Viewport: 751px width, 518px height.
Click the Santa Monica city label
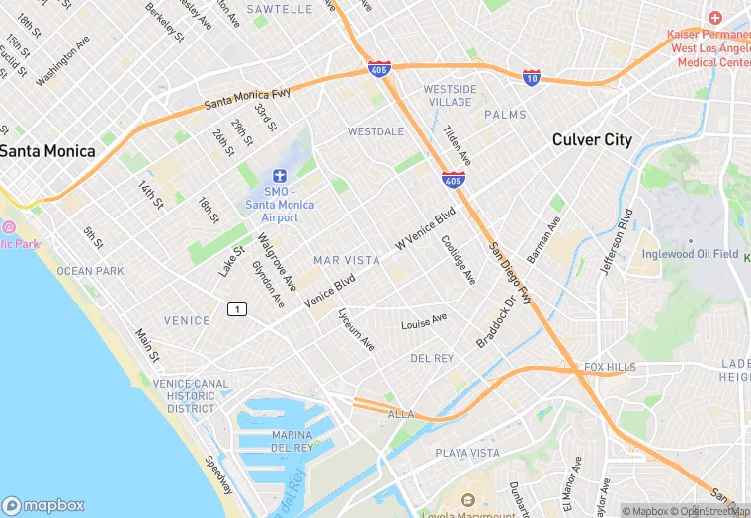pyautogui.click(x=47, y=151)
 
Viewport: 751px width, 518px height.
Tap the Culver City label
pyautogui.click(x=592, y=139)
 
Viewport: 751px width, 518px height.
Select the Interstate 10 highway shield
pyautogui.click(x=532, y=76)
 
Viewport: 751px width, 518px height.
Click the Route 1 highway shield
pyautogui.click(x=236, y=309)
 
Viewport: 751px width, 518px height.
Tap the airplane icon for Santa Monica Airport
pyautogui.click(x=280, y=175)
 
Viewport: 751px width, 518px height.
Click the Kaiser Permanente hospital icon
pyautogui.click(x=714, y=19)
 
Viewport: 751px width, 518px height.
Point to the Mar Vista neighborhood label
pyautogui.click(x=346, y=260)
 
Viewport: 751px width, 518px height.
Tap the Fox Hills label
pyautogui.click(x=610, y=367)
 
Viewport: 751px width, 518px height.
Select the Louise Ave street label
pyautogui.click(x=424, y=322)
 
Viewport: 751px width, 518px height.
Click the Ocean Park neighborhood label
pyautogui.click(x=90, y=271)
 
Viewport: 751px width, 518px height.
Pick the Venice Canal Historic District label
pyautogui.click(x=191, y=395)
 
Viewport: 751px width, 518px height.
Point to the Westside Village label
pyautogui.click(x=450, y=96)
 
